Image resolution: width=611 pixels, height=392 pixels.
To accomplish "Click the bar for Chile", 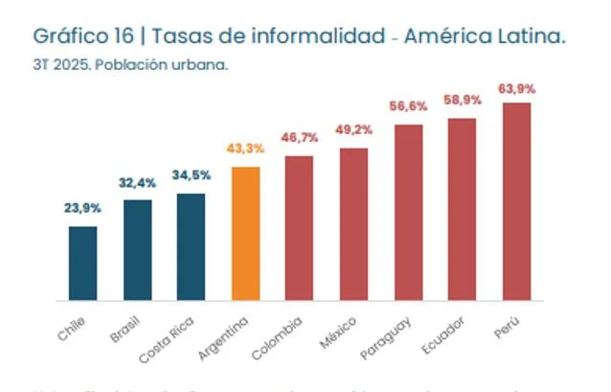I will point(83,264).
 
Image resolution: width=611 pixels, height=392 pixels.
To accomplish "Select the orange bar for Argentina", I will point(246,234).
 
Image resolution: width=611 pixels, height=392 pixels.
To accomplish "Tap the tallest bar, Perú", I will point(516,201).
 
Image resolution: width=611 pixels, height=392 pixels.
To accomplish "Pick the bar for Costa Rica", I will point(192,247).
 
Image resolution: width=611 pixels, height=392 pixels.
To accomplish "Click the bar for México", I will point(353,224).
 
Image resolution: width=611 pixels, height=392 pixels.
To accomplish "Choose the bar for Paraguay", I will point(408,213).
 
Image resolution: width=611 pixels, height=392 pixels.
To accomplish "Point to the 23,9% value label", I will point(83,208).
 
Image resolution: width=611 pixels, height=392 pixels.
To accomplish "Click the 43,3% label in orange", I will point(245,149).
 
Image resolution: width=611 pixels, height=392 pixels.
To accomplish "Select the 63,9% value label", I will point(516,88).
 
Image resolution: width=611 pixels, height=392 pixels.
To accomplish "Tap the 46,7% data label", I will point(300,138).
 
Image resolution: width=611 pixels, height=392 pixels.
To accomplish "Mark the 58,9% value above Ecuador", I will point(463,100).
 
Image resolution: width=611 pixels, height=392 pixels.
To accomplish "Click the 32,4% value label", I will point(137,181).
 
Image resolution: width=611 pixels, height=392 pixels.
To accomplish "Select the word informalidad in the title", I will point(314,36).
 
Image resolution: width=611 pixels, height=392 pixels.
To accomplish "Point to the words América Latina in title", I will point(485,36).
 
